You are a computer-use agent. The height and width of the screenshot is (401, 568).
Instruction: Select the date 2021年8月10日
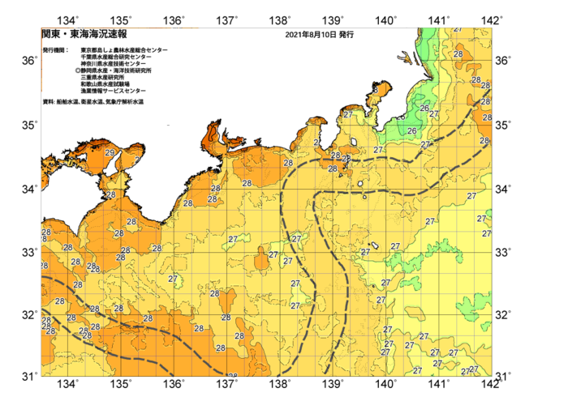(x=311, y=36)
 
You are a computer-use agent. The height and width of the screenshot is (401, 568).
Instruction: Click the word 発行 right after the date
(x=346, y=36)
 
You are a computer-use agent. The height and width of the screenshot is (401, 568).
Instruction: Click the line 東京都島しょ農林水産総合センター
(x=124, y=50)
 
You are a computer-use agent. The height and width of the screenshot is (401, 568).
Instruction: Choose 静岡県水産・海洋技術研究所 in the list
(x=122, y=70)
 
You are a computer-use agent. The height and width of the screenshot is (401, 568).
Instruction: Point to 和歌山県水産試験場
(x=108, y=83)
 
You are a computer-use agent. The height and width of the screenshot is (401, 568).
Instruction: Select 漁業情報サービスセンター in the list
(x=113, y=90)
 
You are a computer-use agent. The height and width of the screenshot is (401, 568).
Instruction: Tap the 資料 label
(x=48, y=102)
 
